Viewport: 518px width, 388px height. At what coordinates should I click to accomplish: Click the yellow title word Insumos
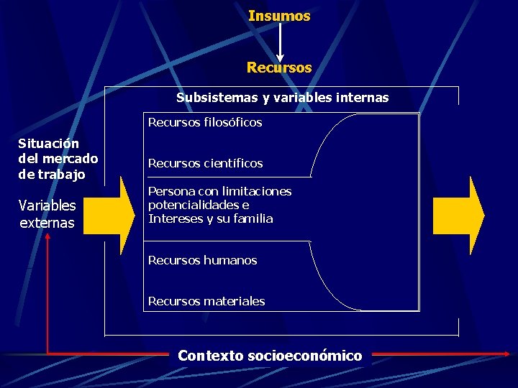coord(279,16)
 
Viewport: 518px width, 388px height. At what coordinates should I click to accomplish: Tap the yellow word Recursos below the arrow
coord(279,68)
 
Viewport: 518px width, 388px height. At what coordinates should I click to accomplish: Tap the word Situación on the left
coord(48,144)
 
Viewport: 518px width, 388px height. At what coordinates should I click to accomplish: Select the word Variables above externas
coord(47,206)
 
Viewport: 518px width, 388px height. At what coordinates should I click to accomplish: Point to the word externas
coord(47,223)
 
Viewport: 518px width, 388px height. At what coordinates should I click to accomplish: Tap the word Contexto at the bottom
coord(209,356)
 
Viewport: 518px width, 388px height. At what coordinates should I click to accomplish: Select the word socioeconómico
coord(304,356)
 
